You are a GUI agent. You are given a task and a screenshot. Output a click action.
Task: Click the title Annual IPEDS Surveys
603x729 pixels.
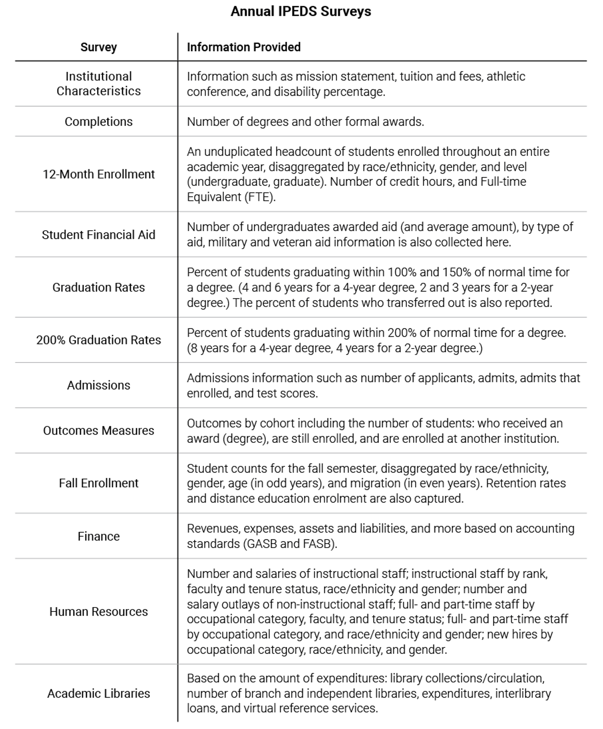[301, 11]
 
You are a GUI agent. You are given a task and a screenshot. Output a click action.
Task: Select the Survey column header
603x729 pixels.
[99, 47]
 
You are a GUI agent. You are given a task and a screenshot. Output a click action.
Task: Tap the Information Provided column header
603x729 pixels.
[244, 47]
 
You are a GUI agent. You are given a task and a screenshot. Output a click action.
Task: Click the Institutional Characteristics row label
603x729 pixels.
[99, 84]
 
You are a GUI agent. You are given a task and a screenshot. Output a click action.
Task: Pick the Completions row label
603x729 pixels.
[99, 121]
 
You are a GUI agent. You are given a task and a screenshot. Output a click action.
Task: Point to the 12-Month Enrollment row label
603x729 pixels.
[99, 174]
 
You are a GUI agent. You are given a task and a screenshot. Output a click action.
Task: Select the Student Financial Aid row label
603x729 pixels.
[99, 235]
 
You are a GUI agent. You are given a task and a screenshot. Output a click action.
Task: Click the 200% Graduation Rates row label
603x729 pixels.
[99, 340]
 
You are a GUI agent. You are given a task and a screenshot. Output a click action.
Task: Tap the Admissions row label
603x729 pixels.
[99, 385]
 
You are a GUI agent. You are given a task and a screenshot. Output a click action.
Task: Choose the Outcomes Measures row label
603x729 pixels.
[99, 431]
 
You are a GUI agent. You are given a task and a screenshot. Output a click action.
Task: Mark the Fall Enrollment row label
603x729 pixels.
[99, 483]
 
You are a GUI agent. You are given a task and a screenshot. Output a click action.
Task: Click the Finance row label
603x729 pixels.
[99, 536]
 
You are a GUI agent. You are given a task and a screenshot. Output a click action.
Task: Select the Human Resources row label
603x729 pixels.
[99, 612]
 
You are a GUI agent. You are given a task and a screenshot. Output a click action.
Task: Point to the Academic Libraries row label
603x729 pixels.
[99, 694]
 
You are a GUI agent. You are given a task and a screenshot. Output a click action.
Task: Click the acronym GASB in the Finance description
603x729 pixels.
[260, 544]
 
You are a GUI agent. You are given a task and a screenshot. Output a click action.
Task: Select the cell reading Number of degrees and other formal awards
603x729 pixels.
[305, 121]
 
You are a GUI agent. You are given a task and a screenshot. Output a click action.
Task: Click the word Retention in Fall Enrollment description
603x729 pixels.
[510, 483]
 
